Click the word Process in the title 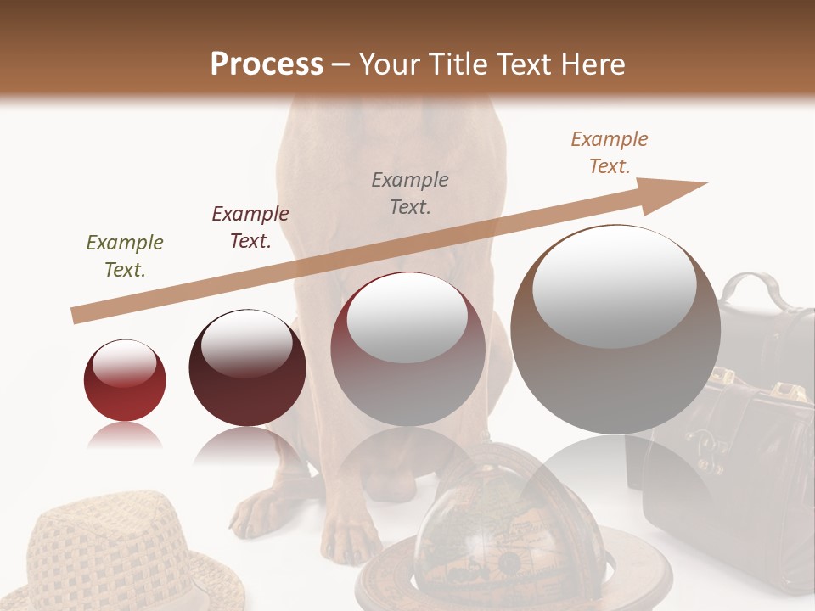click(267, 64)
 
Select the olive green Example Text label click(125, 256)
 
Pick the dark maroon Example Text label click(250, 227)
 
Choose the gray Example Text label click(410, 193)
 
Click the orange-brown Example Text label click(610, 153)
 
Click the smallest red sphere click(125, 380)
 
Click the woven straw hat click(110, 552)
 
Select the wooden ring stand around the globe click(382, 586)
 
